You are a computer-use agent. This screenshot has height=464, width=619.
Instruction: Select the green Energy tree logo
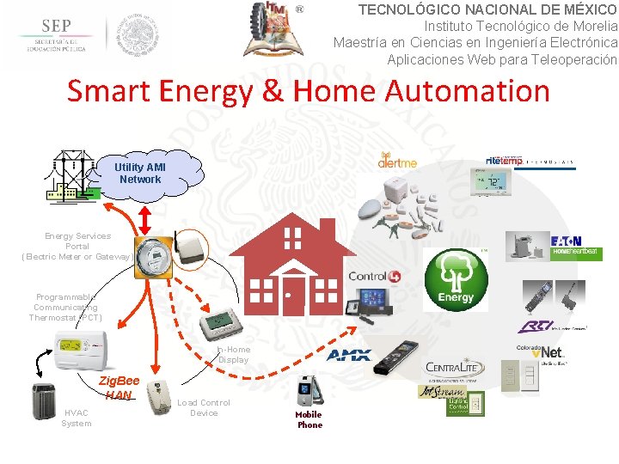(x=456, y=279)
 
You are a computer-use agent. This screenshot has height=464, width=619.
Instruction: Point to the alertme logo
(x=397, y=161)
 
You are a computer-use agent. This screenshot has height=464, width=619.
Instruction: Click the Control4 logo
(x=374, y=276)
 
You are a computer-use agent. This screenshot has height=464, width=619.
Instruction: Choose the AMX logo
(x=349, y=355)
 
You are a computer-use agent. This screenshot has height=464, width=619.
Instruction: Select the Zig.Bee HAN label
(x=119, y=388)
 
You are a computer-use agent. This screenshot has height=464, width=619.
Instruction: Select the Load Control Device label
(x=204, y=407)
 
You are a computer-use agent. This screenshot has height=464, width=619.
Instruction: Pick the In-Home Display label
(x=233, y=354)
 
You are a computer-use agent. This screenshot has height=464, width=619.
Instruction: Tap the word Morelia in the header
(x=587, y=26)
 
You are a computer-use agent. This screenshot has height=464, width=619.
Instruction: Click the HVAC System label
(x=76, y=418)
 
